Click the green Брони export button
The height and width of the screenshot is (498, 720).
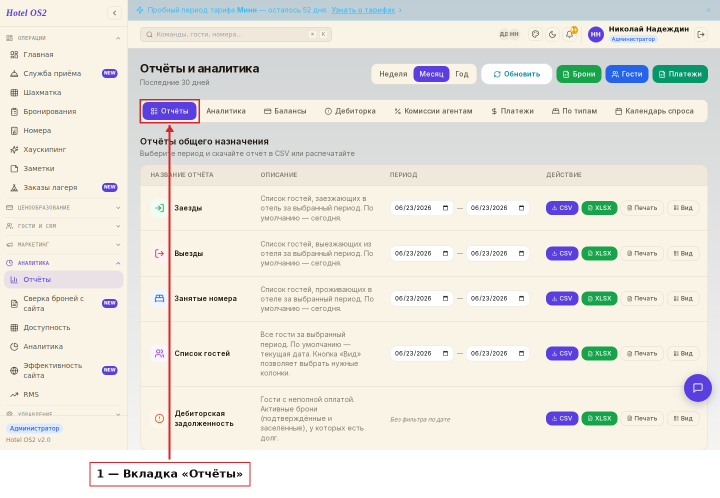[x=578, y=74]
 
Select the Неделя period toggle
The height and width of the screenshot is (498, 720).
[x=393, y=74]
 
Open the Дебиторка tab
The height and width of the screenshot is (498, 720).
[x=350, y=111]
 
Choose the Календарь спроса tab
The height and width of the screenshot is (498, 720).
[x=654, y=111]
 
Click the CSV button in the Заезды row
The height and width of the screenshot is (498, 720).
[x=562, y=208]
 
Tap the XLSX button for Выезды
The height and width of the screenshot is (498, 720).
[x=599, y=253]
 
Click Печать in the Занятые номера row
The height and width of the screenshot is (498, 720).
[x=642, y=298]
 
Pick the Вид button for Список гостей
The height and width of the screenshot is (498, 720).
[x=683, y=353]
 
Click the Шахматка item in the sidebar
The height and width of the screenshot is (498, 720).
[x=42, y=92]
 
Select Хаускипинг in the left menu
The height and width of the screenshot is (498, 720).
[x=44, y=149]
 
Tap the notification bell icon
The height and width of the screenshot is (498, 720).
[x=569, y=34]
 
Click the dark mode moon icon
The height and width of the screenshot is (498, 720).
[x=552, y=34]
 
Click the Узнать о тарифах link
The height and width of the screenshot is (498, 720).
[x=363, y=10]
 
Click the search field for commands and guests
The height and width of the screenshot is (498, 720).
[x=235, y=34]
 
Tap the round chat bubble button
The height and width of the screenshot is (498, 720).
[x=697, y=387]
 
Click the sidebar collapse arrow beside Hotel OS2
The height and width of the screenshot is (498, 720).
[x=114, y=13]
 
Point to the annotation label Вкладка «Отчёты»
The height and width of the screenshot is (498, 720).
[x=169, y=474]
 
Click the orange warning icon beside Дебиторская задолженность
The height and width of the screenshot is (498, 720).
[x=159, y=418]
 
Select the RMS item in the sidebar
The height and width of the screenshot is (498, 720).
[x=31, y=394]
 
